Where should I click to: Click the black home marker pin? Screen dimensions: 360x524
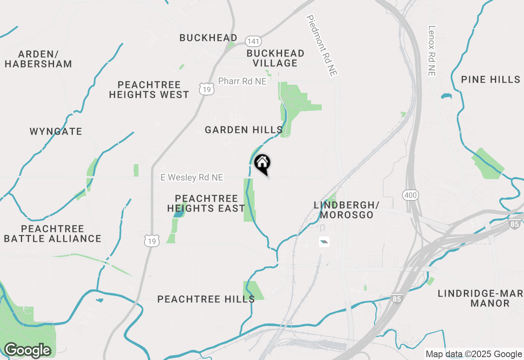(x=262, y=163)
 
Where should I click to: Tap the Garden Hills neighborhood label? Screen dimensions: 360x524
(x=244, y=130)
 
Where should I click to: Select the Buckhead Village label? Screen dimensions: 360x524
(x=276, y=58)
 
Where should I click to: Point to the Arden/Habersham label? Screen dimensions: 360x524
(x=38, y=59)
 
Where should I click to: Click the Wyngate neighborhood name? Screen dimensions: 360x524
(x=56, y=131)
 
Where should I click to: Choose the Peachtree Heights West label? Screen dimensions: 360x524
(x=149, y=90)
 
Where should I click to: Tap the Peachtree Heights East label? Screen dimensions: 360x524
(x=206, y=203)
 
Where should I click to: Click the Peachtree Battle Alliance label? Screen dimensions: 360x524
(x=52, y=234)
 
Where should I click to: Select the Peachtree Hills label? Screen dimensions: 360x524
(x=206, y=299)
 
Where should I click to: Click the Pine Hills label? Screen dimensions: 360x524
(x=490, y=79)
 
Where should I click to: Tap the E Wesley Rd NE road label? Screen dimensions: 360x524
(x=192, y=178)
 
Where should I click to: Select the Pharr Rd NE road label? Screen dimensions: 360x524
(x=242, y=81)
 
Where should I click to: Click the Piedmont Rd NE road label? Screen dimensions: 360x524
(x=322, y=45)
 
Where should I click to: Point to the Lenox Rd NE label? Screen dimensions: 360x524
(x=432, y=51)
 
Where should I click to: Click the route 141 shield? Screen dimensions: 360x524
(x=253, y=41)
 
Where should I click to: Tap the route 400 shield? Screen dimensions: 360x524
(x=410, y=195)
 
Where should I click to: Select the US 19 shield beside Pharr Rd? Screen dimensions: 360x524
(x=207, y=88)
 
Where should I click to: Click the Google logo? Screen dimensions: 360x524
(x=27, y=350)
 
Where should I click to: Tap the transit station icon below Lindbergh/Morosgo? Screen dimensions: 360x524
(x=324, y=242)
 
